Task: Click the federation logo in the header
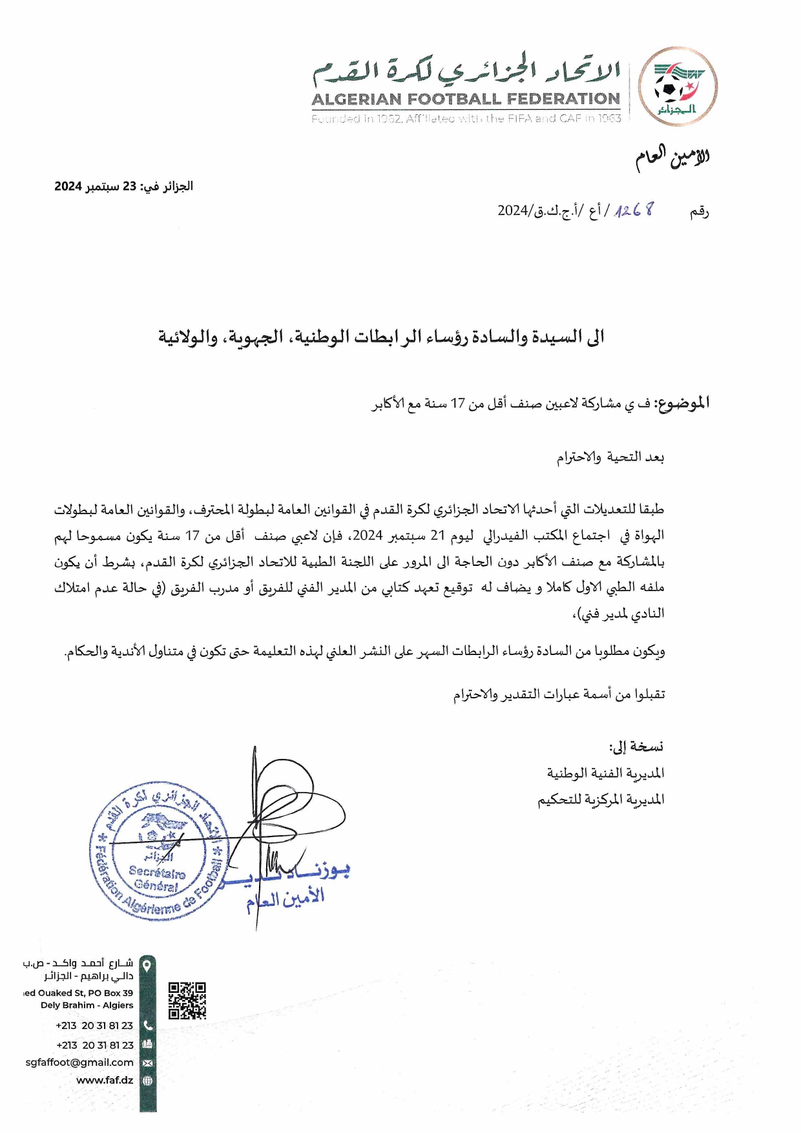coord(678,87)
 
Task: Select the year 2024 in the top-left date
coord(67,187)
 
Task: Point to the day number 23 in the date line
coord(129,187)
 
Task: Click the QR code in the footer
coord(187,1000)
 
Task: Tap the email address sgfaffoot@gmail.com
coord(79,1062)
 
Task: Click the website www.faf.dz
coord(105,1080)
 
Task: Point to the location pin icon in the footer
coord(148,966)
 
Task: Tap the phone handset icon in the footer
coord(148,1025)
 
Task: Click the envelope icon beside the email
coord(148,1063)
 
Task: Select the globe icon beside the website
coord(148,1080)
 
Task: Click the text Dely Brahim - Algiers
coord(87,1005)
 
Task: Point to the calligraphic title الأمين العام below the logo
coord(672,157)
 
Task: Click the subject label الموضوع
coord(683,404)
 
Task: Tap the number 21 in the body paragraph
coord(438,535)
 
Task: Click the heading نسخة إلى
coord(636,747)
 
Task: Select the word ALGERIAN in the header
coord(356,99)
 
